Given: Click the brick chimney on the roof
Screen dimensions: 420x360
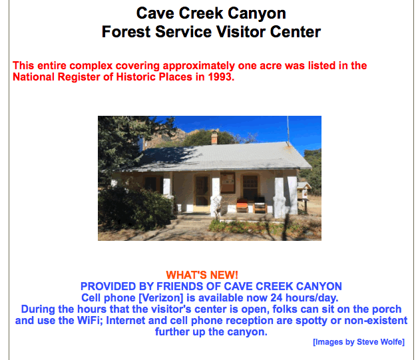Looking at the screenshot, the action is (214, 138).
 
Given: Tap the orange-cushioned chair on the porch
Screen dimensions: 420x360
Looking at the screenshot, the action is (242, 206).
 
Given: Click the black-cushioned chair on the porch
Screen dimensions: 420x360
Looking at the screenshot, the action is (260, 205).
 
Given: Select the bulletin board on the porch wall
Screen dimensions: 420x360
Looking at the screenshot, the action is (228, 183).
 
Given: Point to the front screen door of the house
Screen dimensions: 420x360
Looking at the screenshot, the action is (202, 193).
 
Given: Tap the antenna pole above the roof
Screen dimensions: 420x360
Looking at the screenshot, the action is (288, 130).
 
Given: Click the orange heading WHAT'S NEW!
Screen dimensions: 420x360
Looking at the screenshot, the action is (202, 275).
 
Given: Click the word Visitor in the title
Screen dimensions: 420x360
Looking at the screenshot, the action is (241, 31).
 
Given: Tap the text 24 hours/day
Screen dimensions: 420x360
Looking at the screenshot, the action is (304, 298).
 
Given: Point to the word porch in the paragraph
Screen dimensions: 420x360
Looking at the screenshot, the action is (387, 309).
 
